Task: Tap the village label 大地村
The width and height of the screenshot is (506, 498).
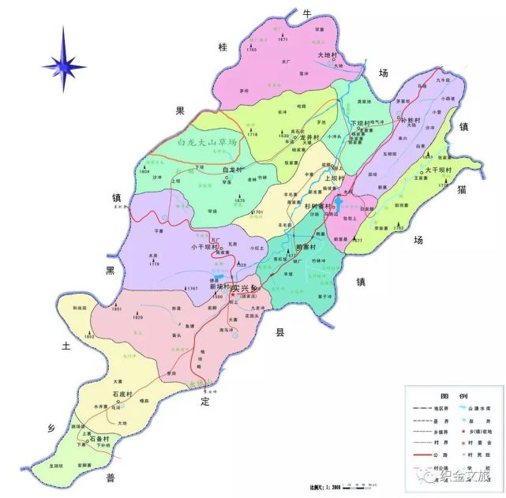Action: [327, 55]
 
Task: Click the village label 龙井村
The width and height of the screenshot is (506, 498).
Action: [305, 137]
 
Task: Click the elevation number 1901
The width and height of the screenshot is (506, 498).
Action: [116, 310]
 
